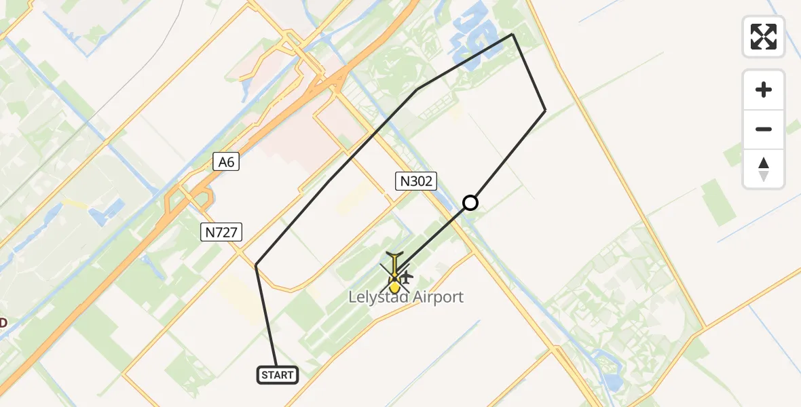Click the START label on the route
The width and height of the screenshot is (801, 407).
[x=278, y=375]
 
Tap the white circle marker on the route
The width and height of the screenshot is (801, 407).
[x=470, y=202]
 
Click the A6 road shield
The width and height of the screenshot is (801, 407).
[x=226, y=161]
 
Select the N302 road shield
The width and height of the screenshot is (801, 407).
[x=415, y=180]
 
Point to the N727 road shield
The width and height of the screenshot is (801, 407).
[x=222, y=233]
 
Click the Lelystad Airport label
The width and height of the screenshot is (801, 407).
[x=406, y=297]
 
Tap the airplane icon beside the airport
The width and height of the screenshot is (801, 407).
[x=407, y=277]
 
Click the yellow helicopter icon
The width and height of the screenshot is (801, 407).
[x=394, y=274]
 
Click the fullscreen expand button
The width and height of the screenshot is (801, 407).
[x=764, y=37]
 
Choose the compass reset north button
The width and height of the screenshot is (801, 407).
[x=764, y=168]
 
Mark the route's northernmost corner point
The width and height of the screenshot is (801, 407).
[x=513, y=34]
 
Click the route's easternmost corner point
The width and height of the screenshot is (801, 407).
[x=545, y=110]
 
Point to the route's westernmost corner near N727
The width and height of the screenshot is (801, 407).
[x=256, y=265]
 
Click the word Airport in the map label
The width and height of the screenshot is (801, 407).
[x=434, y=297]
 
